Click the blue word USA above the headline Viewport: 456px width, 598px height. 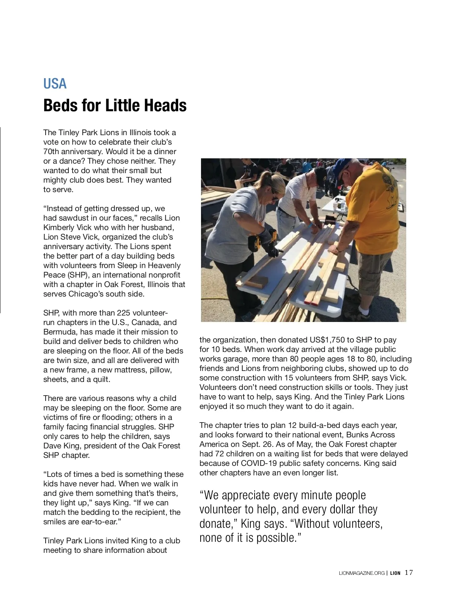55,84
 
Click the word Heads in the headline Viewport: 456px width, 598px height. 167,105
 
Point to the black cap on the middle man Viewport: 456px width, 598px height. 320,173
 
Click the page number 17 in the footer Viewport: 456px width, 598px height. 409,573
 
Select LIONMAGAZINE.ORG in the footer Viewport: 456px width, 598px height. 361,573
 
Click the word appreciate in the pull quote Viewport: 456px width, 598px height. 245,495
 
